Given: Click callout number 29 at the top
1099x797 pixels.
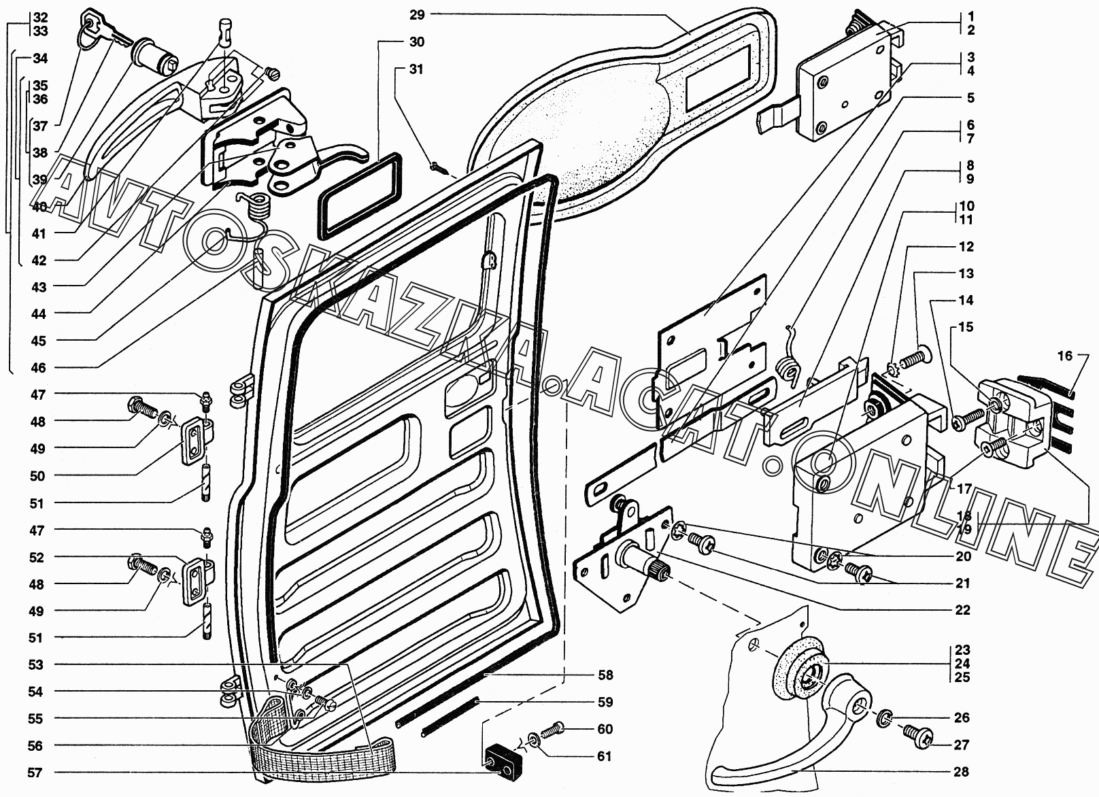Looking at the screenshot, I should tap(417, 14).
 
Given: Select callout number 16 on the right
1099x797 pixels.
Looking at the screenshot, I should tap(1065, 356).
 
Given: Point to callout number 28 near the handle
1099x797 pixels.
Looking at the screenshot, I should tap(961, 772).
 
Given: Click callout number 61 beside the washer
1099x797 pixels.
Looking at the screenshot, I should tap(605, 756).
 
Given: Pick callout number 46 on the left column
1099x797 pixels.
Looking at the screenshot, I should tap(38, 368).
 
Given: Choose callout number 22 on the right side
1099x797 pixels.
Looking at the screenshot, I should tap(962, 610).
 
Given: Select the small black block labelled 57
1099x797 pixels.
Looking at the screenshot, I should tap(500, 764).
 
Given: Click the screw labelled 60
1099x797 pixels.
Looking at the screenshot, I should tap(556, 728).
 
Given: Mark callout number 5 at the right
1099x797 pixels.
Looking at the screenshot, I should tap(970, 98).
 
